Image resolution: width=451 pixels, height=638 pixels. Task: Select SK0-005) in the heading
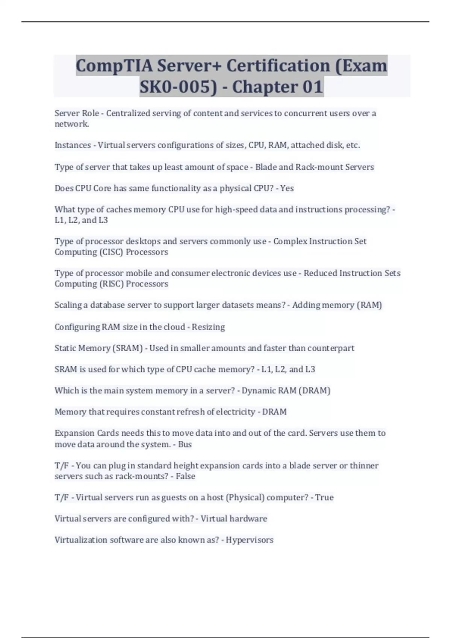(x=178, y=87)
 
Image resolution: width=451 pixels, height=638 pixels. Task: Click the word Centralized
(x=128, y=113)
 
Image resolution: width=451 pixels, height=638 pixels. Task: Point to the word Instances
(x=73, y=145)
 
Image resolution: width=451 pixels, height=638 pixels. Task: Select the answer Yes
(x=287, y=188)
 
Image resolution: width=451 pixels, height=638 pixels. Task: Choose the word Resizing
(x=208, y=327)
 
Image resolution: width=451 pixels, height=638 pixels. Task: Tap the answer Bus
(x=185, y=444)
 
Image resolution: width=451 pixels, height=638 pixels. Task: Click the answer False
(x=186, y=476)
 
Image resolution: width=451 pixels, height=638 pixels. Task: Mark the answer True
(x=324, y=498)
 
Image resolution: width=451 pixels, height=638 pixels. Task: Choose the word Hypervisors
(x=250, y=540)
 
